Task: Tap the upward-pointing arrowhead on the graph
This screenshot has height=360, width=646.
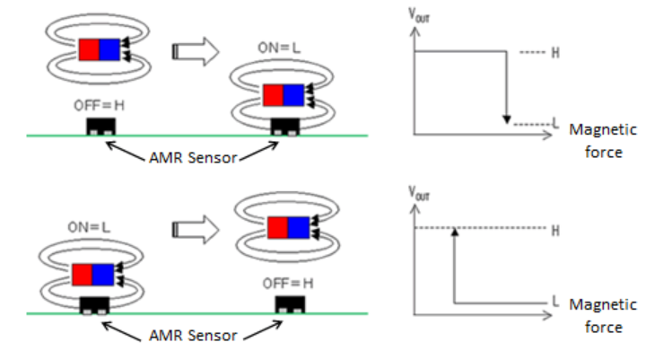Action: pyautogui.click(x=456, y=235)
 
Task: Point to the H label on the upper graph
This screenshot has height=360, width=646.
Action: pyautogui.click(x=555, y=53)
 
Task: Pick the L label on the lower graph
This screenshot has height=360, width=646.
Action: pyautogui.click(x=556, y=301)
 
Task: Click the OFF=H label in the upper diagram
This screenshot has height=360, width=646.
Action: pyautogui.click(x=100, y=105)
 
